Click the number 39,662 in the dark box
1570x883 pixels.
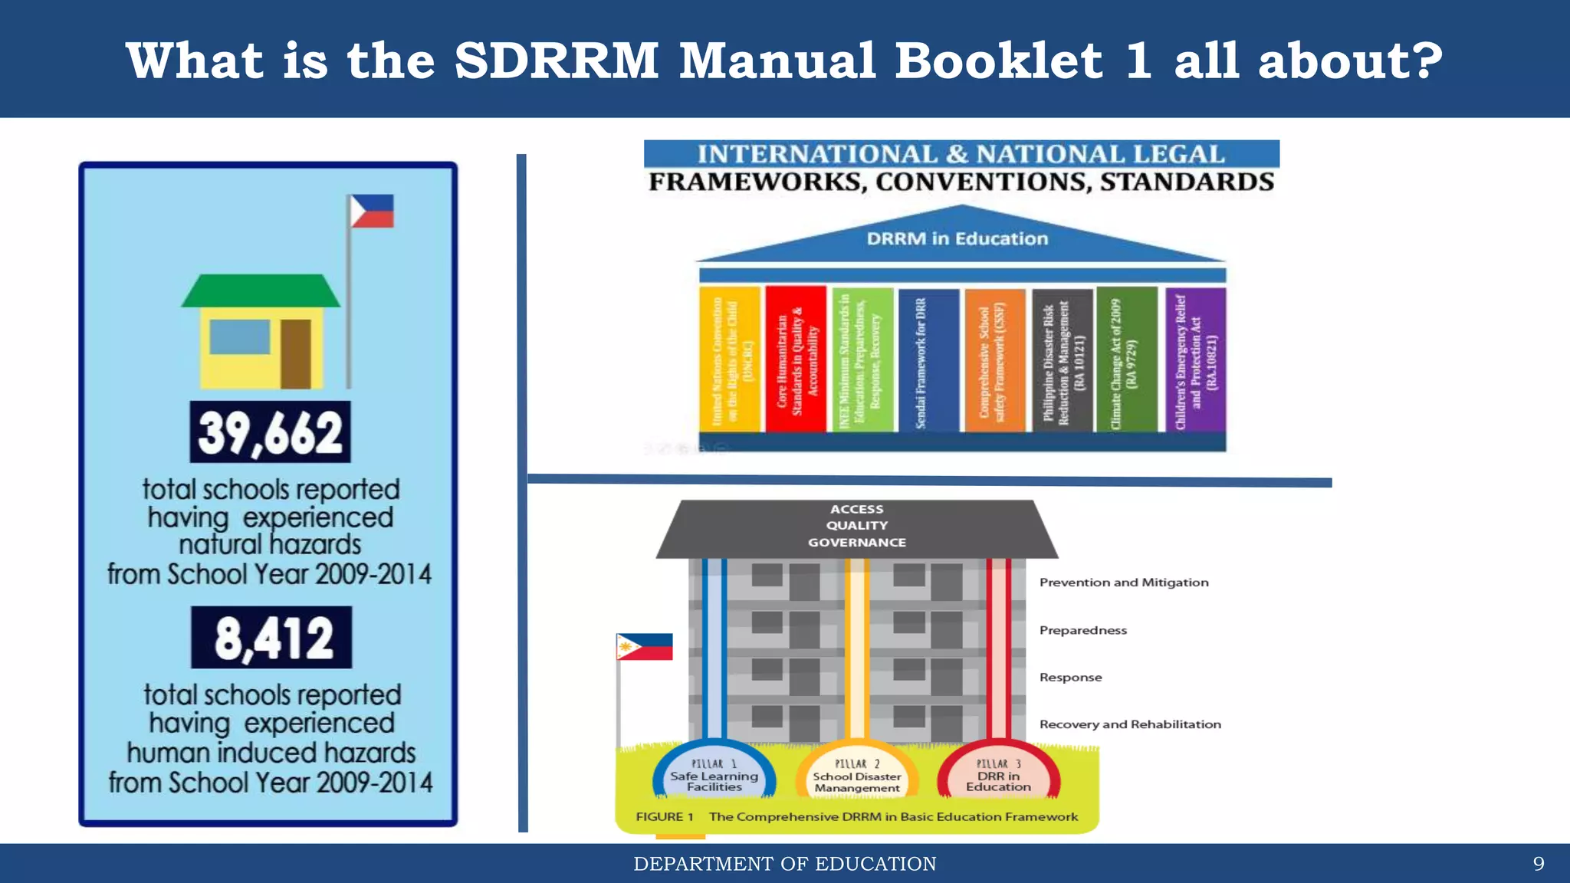[x=270, y=432]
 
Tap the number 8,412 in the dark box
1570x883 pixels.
[x=272, y=638]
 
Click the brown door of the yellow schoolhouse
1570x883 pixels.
[x=296, y=353]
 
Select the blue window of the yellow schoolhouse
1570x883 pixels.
[x=239, y=336]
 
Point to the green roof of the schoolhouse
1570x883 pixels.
[x=261, y=291]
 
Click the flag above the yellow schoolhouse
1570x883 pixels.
[x=372, y=212]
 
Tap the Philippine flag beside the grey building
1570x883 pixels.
[x=645, y=647]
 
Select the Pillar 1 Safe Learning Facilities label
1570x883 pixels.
[x=714, y=776]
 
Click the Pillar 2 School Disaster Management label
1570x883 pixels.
[x=857, y=776]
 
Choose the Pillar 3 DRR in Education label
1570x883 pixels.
[x=998, y=776]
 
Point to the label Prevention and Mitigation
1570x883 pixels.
[x=1124, y=583]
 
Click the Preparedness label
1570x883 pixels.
[x=1083, y=630]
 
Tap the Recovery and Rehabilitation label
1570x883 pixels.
[x=1130, y=724]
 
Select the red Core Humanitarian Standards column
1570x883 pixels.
[x=796, y=359]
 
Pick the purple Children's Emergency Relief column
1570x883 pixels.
[x=1195, y=359]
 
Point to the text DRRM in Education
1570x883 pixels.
[x=957, y=239]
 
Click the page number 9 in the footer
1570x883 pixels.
[x=1538, y=864]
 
